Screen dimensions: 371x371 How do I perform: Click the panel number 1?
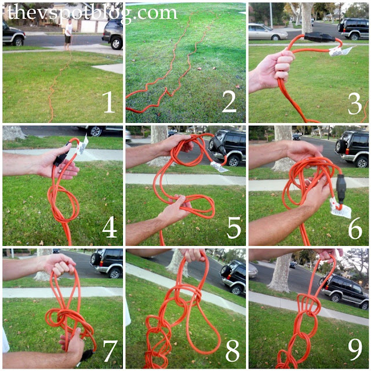coord(108,102)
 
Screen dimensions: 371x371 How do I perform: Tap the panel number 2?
coord(230,102)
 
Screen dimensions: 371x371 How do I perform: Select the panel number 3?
coord(355,103)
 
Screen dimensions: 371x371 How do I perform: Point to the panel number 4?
coord(110,227)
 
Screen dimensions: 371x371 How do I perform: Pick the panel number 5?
coord(234,227)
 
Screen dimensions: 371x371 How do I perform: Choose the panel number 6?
coord(355,228)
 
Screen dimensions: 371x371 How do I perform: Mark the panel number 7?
coord(110,351)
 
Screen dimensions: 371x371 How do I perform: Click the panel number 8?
coord(232,351)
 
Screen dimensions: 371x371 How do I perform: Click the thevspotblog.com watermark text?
coord(92,13)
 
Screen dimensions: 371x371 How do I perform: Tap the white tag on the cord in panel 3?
coord(340,52)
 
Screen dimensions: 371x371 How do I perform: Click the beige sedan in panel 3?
coord(268,31)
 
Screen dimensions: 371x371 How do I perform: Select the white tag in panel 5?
coord(219,167)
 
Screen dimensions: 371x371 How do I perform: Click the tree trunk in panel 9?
coord(281,273)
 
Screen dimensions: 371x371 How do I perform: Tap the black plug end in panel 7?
coord(87,355)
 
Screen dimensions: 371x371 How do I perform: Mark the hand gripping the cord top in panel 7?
coord(59,264)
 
